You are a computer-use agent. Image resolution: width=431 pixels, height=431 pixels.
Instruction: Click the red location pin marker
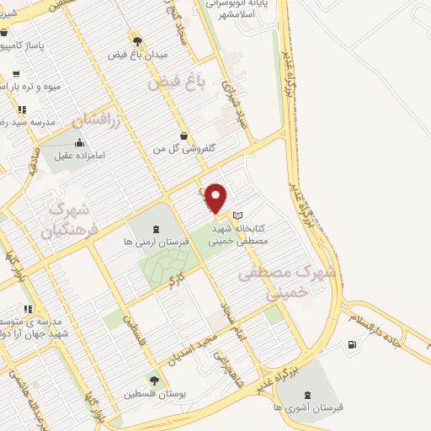click(x=217, y=197)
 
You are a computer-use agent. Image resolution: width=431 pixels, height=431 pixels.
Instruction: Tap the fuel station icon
click(x=350, y=343)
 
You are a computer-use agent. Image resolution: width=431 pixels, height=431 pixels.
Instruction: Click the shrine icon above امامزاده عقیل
click(x=79, y=141)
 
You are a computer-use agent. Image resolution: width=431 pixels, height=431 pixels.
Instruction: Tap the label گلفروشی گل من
click(x=184, y=148)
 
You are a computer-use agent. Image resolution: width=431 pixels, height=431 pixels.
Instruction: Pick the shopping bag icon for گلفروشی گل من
click(x=184, y=135)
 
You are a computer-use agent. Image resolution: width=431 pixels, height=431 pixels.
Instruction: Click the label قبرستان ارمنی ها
click(x=155, y=242)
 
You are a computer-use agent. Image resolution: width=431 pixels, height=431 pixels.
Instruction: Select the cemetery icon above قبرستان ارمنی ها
click(x=155, y=228)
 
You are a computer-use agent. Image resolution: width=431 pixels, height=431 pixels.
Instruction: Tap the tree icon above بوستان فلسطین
click(x=153, y=380)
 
